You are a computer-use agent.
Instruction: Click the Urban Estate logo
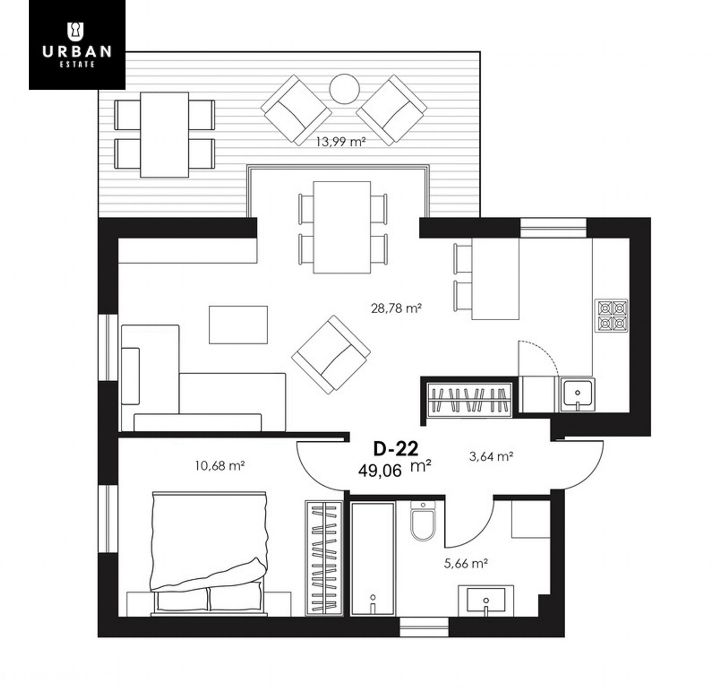click(77, 45)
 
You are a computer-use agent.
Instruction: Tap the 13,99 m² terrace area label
click(341, 142)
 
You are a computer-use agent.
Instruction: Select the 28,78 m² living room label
click(396, 309)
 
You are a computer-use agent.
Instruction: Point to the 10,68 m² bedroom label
click(220, 466)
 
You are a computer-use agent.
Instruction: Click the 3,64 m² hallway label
click(491, 457)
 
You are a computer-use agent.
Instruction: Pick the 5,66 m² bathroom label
click(466, 564)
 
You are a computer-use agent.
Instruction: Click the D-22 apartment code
click(396, 449)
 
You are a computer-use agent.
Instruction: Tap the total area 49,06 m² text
click(395, 469)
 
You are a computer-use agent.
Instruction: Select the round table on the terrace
click(344, 89)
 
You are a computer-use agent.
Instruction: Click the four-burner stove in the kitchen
click(611, 316)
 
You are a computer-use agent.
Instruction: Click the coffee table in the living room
click(238, 325)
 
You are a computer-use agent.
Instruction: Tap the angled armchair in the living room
click(331, 355)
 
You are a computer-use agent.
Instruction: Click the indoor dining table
click(342, 227)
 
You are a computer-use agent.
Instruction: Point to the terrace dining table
click(164, 135)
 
